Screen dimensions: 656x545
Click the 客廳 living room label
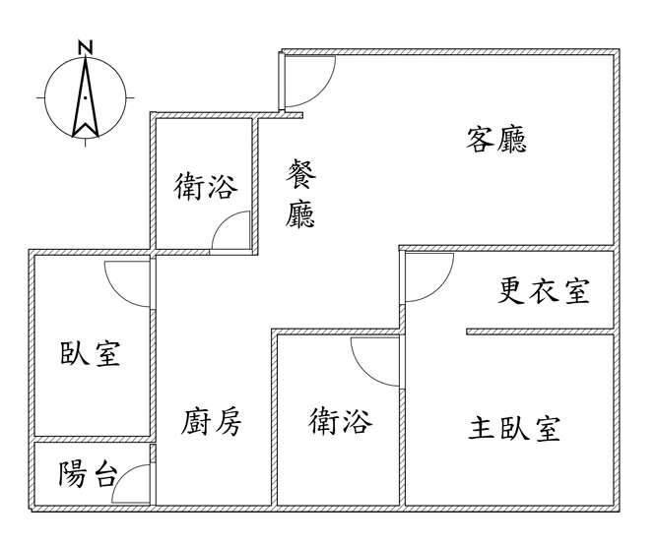pyautogui.click(x=496, y=140)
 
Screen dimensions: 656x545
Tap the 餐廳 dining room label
pyautogui.click(x=300, y=193)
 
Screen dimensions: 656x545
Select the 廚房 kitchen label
pyautogui.click(x=211, y=422)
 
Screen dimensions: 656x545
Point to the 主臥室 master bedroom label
pyautogui.click(x=514, y=428)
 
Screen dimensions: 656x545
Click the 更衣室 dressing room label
pyautogui.click(x=544, y=291)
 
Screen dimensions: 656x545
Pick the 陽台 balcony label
pyautogui.click(x=87, y=474)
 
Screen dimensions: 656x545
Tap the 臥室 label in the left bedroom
pyautogui.click(x=91, y=353)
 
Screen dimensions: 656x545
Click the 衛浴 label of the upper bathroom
pyautogui.click(x=206, y=186)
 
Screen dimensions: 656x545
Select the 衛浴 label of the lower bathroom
pyautogui.click(x=341, y=421)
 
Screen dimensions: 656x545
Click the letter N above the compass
pyautogui.click(x=86, y=47)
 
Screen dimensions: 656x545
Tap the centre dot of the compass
pyautogui.click(x=86, y=98)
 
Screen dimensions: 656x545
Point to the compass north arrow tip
pyautogui.click(x=86, y=56)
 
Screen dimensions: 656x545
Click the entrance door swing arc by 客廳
pyautogui.click(x=322, y=92)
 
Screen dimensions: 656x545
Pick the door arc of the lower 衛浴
pyautogui.click(x=363, y=372)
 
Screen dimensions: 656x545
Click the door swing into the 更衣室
pyautogui.click(x=440, y=288)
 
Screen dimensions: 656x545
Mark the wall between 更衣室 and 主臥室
pyautogui.click(x=540, y=332)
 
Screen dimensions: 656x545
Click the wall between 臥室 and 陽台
pyautogui.click(x=92, y=440)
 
